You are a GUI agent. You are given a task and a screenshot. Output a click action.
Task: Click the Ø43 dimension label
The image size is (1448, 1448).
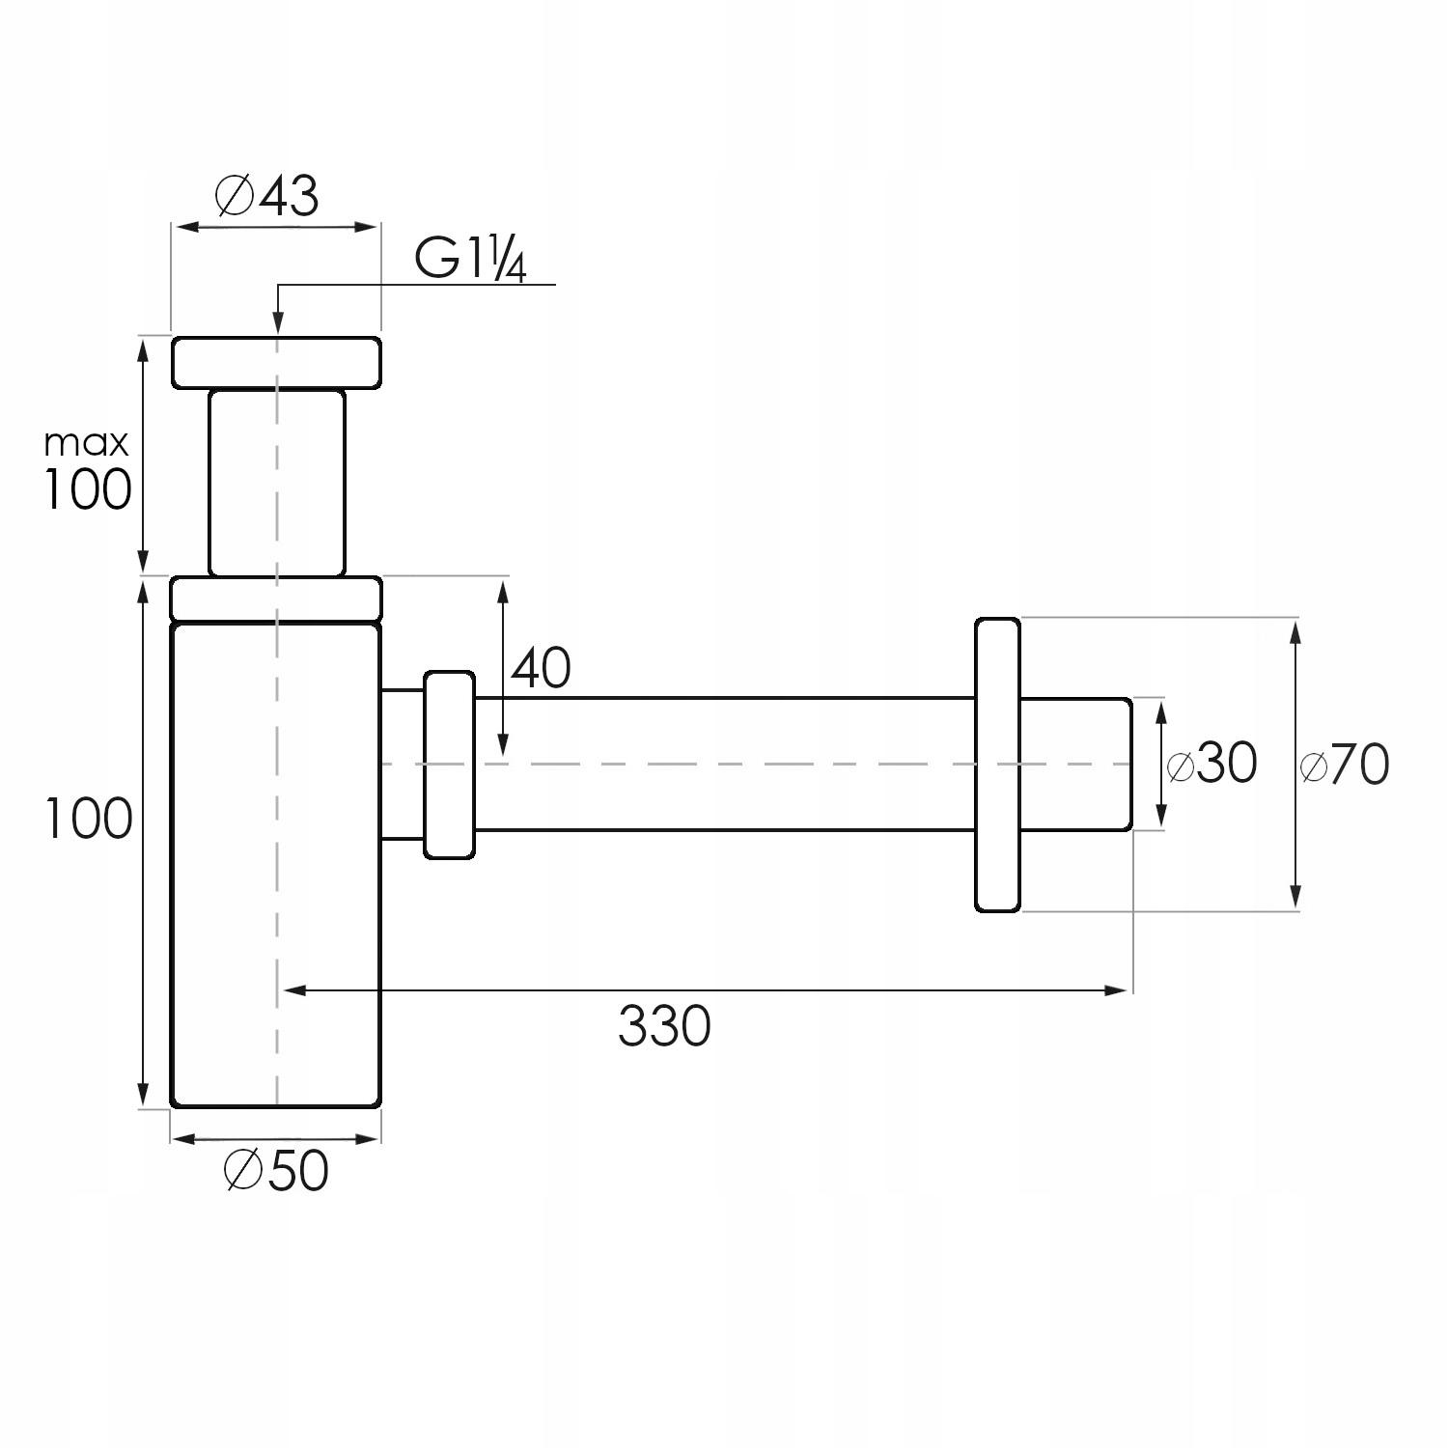(266, 196)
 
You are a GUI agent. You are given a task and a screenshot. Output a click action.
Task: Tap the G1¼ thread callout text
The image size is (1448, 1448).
(470, 260)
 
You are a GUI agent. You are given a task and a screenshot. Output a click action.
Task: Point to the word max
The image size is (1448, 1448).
(86, 444)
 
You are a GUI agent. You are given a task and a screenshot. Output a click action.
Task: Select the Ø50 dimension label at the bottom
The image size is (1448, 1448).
(276, 1171)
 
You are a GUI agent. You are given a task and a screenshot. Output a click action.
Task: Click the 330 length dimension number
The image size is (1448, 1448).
(664, 1026)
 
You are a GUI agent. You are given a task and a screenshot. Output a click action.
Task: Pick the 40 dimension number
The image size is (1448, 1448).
(541, 668)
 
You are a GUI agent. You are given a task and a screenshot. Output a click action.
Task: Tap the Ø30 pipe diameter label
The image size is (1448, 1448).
(1212, 764)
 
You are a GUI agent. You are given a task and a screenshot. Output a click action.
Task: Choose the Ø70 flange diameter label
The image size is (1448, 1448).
(1345, 766)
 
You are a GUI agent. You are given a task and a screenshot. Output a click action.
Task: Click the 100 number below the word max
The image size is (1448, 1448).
(87, 489)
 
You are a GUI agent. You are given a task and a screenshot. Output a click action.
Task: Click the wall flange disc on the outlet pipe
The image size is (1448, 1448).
(997, 765)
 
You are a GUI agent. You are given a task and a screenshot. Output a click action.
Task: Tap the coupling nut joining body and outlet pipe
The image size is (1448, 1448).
(449, 765)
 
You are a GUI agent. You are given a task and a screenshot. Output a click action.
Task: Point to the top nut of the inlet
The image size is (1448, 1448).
(276, 362)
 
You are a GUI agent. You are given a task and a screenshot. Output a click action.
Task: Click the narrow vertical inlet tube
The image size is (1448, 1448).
(276, 483)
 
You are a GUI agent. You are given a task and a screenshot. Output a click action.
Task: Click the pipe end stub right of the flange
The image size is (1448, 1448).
(1075, 764)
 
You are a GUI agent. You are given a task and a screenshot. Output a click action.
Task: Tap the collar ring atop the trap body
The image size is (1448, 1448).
(276, 598)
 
